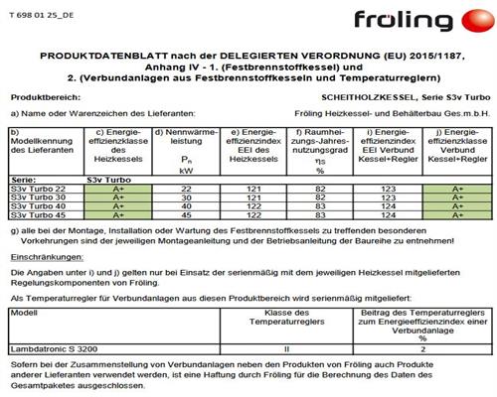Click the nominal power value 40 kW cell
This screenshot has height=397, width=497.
pos(184,204)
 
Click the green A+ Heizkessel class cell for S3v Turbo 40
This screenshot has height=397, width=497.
pos(114,204)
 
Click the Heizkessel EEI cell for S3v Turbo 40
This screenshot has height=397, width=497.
pos(251,204)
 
